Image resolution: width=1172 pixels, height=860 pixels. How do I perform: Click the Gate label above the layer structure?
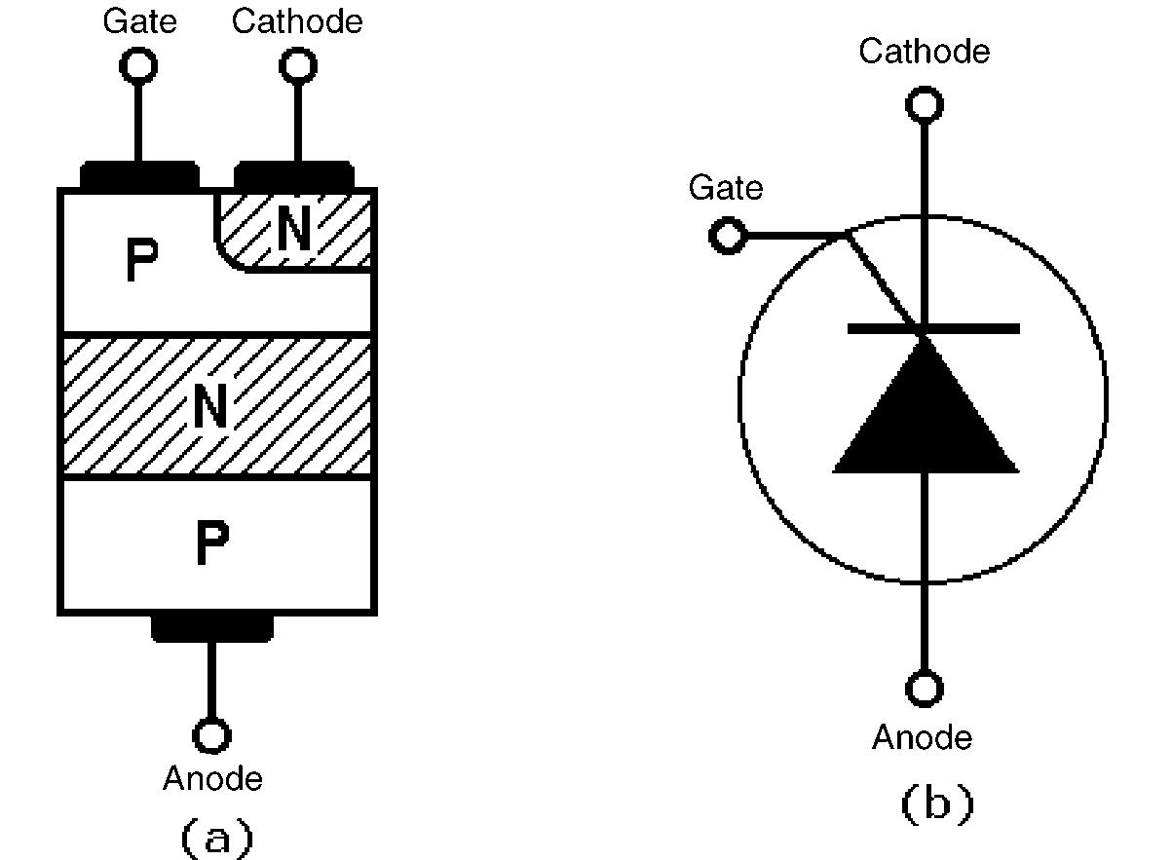140,21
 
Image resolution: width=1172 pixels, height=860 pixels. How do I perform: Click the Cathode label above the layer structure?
297,21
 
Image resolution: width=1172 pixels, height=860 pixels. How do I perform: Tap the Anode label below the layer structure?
212,779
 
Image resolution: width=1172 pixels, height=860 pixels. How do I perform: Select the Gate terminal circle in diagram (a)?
138,65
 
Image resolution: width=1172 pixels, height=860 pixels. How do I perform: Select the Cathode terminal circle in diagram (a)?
298,65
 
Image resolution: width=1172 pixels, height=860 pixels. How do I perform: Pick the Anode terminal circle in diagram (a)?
211,734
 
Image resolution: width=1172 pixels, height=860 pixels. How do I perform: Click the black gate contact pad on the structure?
138,176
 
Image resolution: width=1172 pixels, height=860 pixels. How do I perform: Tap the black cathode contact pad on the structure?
294,176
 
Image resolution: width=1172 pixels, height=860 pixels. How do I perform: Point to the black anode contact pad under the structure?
211,627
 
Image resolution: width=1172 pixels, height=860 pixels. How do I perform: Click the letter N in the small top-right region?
294,230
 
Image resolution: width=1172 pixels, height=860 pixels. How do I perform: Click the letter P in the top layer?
143,261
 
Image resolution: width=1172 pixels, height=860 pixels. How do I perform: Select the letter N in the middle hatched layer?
211,407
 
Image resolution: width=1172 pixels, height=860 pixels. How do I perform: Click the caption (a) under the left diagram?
215,837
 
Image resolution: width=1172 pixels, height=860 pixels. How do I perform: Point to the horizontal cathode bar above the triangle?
933,329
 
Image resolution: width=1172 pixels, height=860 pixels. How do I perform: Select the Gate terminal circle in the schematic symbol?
727,236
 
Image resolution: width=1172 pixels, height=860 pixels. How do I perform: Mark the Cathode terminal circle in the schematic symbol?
924,103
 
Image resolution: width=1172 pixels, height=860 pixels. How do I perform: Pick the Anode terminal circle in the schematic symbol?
924,689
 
